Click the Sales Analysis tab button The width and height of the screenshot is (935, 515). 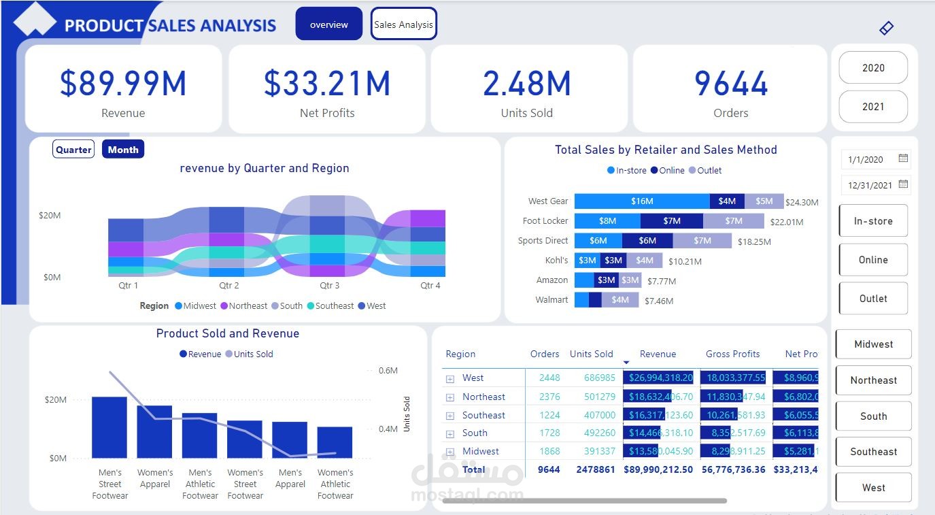[403, 24]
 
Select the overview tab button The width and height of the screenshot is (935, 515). [328, 24]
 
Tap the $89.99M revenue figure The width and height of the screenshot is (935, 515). [123, 84]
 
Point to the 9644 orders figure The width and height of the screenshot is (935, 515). [731, 84]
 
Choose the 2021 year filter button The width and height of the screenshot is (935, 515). [873, 107]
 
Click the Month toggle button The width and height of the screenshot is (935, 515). [123, 150]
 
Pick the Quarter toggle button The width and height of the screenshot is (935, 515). [73, 150]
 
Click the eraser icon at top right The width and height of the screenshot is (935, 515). [886, 28]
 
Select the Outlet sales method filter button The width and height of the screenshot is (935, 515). [873, 299]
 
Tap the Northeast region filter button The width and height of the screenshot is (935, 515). [873, 380]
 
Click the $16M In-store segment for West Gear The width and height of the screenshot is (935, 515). [641, 201]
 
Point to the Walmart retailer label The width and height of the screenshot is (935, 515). [551, 300]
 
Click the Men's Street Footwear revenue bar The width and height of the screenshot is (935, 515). [109, 427]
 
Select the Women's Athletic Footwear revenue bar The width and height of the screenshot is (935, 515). [335, 442]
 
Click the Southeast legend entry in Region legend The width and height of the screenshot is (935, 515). [330, 306]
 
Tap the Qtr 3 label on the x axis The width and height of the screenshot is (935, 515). [330, 286]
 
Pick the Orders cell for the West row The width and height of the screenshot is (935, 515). [549, 378]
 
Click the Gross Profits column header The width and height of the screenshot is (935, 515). [732, 354]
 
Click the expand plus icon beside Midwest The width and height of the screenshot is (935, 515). [450, 452]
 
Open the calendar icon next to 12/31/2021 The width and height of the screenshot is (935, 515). [903, 184]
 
